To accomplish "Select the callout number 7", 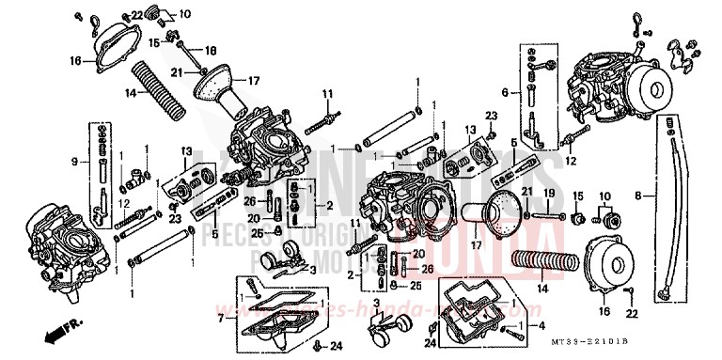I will [222, 319].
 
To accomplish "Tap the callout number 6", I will [505, 93].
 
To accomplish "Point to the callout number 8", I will [638, 196].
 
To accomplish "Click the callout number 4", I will [541, 325].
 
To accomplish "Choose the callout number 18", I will [211, 49].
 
